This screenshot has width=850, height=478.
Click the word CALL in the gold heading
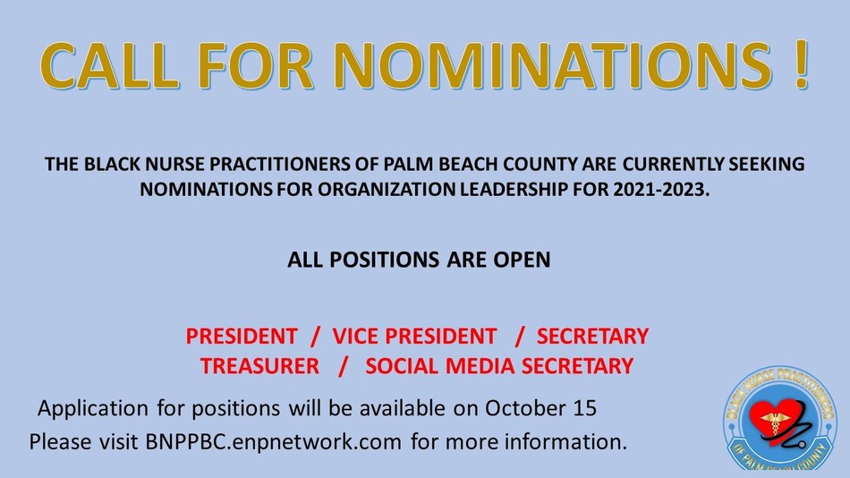(109, 65)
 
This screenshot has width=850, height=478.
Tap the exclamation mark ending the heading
(801, 65)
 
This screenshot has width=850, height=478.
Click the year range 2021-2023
(661, 190)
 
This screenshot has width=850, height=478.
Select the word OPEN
(522, 260)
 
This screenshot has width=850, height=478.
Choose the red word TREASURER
(259, 366)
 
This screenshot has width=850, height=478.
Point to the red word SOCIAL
(403, 366)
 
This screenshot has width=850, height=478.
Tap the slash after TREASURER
(343, 366)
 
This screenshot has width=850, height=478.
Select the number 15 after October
(584, 408)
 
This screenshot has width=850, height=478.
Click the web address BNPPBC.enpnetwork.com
(273, 441)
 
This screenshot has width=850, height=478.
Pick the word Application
(93, 408)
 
